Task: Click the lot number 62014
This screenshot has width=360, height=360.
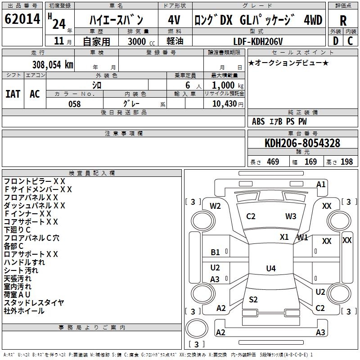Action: pos(22,19)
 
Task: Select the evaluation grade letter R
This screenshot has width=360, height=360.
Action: pos(343,21)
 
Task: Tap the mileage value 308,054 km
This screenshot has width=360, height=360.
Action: pos(53,64)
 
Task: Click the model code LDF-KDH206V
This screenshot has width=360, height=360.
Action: pos(259,41)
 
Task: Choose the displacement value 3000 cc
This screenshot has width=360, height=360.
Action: pos(141,42)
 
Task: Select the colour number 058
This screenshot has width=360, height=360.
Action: pos(74,104)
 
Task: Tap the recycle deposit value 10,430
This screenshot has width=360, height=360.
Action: pos(224,104)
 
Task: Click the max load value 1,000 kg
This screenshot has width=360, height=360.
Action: pos(225,85)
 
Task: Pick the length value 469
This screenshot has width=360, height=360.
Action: pos(273,162)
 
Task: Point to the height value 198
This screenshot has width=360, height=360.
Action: pos(347,162)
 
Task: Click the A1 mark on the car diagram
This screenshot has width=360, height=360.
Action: pos(321,184)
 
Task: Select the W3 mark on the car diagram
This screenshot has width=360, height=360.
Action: pos(291,216)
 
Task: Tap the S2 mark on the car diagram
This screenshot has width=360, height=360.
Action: pos(253,300)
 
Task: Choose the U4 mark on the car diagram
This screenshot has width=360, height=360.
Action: pos(270,269)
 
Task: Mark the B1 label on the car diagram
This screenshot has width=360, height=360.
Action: pos(216,253)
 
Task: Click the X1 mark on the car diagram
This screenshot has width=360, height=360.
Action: pos(284,237)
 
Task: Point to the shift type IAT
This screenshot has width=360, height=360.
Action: pos(13,94)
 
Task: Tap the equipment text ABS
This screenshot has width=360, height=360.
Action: pos(258,121)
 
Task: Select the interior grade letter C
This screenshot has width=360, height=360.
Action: pos(350,41)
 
